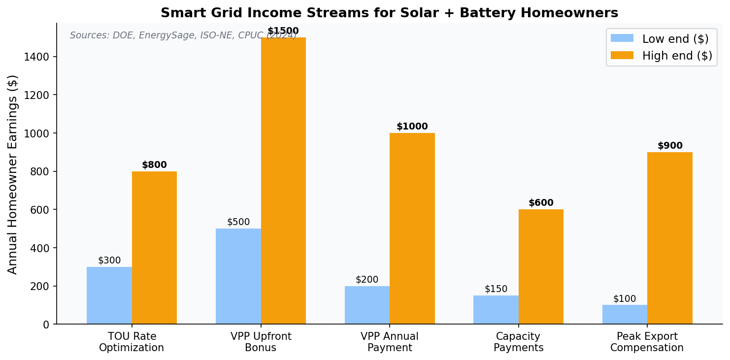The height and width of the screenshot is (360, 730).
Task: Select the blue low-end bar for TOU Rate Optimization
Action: [x=109, y=295]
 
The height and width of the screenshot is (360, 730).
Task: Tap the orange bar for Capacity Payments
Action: [x=541, y=266]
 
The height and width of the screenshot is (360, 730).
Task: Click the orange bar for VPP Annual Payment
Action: [x=412, y=229]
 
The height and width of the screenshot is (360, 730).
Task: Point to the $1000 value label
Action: [x=412, y=127]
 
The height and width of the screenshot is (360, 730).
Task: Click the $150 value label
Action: [x=496, y=289]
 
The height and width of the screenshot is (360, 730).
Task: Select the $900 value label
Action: [x=670, y=146]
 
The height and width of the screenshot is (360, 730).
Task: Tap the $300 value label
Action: [x=109, y=261]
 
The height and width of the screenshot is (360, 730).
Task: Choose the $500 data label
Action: [x=238, y=222]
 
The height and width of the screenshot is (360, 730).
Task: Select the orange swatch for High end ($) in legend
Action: [x=622, y=56]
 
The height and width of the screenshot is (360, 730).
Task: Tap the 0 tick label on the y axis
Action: [x=46, y=325]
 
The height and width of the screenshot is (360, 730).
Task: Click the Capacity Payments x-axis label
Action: [x=518, y=342]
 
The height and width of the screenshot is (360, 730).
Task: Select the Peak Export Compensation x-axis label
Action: [x=647, y=342]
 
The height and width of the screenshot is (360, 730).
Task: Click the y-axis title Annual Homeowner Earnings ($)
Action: [x=13, y=174]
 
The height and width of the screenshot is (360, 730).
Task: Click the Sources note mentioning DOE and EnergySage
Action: [x=183, y=35]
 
